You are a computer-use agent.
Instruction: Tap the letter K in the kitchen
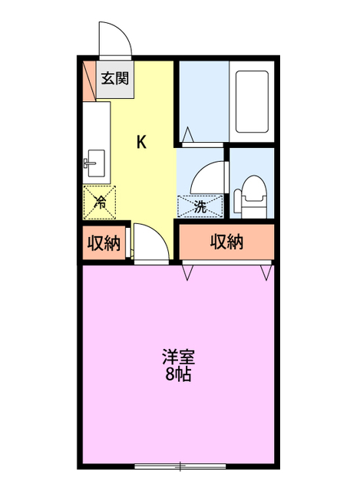pos(142,142)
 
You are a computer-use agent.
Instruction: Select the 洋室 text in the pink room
pos(177,358)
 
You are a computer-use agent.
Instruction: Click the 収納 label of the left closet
pos(104,244)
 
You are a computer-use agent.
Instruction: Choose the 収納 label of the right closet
pos(226,242)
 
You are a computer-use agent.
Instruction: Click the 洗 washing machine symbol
pos(200,206)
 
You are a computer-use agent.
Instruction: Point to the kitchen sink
pos(94,163)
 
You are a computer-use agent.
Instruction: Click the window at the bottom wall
pos(180,466)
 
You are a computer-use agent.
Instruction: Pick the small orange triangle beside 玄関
pos(90,78)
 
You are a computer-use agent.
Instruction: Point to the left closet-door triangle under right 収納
pos(187,272)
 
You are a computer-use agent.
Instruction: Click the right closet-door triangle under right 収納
pos(266,272)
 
